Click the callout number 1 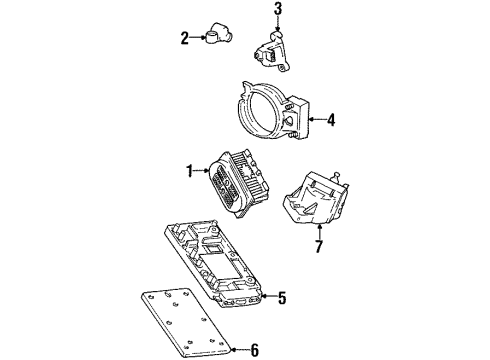pos(186,171)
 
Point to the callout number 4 pos(331,121)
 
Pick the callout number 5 pos(283,298)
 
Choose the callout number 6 pos(254,349)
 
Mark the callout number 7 pos(319,246)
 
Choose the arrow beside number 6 pos(238,349)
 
